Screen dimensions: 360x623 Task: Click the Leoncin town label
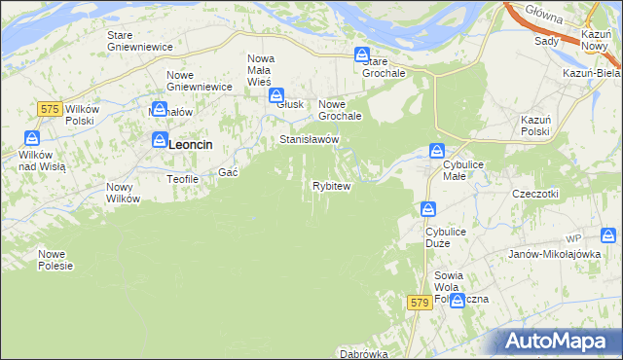191,144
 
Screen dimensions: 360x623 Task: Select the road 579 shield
420,304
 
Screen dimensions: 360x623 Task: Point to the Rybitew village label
331,185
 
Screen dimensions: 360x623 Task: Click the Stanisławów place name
309,140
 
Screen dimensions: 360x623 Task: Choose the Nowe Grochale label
341,110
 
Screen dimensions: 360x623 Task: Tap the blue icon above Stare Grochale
362,55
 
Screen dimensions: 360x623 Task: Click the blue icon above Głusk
277,95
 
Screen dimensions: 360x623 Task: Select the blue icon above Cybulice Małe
438,151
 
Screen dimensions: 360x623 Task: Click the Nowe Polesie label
55,260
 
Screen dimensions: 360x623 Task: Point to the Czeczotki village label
534,194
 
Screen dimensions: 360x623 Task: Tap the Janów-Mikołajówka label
553,253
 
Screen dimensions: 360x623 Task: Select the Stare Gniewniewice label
139,41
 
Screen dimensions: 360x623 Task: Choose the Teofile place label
183,179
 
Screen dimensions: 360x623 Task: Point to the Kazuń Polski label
535,125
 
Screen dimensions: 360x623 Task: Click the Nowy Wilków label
124,193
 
